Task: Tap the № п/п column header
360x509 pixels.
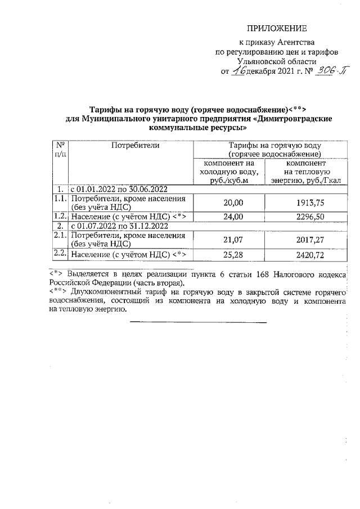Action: click(59, 150)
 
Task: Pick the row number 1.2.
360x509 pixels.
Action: click(60, 217)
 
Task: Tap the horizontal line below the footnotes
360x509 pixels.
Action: click(198, 322)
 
